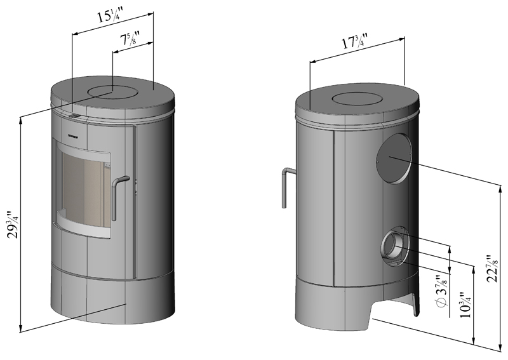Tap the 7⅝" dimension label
click(x=130, y=39)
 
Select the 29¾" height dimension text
click(x=14, y=225)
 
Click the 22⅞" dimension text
click(x=493, y=269)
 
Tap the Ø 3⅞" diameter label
click(x=442, y=291)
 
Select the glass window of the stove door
click(x=84, y=190)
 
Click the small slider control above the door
click(x=74, y=116)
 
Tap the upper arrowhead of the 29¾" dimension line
click(x=21, y=120)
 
